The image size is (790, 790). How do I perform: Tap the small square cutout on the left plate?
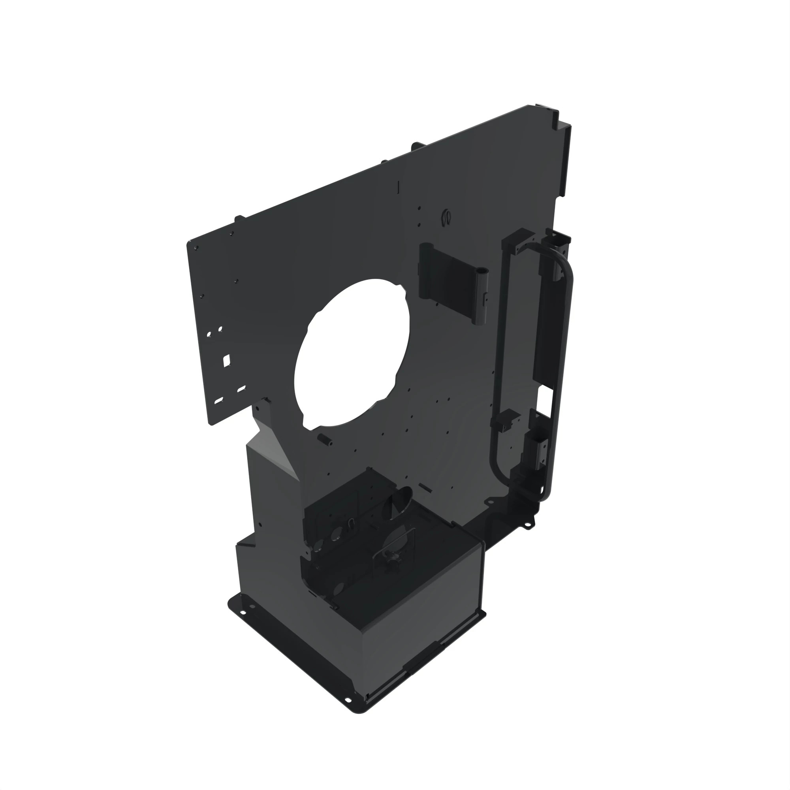coord(226,360)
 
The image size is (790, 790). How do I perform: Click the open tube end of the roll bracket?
coord(483,271)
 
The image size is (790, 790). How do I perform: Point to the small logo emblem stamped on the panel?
coord(446,217)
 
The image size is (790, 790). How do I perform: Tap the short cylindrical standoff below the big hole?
coord(324,440)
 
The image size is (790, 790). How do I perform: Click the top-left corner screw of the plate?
coord(196,248)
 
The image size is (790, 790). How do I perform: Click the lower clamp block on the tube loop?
coord(506,419)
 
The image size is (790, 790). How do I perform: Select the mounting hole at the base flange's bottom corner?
coord(348,700)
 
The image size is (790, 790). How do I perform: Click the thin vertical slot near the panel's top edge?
coord(398,186)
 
